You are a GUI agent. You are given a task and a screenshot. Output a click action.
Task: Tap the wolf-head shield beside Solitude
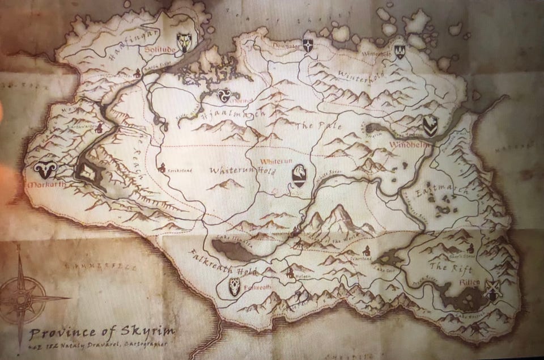[184, 41]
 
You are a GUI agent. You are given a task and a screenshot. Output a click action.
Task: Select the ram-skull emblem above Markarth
[44, 169]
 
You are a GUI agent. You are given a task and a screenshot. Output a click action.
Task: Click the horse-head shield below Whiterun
[299, 175]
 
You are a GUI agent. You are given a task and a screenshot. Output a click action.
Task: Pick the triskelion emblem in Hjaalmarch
[223, 95]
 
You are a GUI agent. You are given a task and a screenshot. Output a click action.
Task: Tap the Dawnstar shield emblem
[308, 46]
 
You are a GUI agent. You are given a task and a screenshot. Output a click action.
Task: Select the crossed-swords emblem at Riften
[491, 290]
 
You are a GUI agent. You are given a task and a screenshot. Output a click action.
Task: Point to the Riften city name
[471, 282]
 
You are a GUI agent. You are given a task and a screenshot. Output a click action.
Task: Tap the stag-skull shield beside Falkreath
[234, 287]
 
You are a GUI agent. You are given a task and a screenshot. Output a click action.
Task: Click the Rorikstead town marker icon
[163, 167]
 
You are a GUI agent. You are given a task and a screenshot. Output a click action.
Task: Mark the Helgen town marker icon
[290, 273]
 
